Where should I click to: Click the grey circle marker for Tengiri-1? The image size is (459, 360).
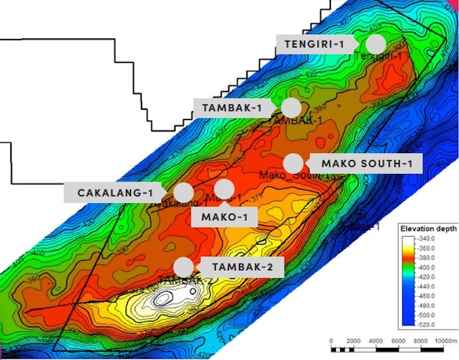coord(376,44)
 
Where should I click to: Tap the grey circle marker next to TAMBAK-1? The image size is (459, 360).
coord(291,107)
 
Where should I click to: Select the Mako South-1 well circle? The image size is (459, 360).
coord(294,164)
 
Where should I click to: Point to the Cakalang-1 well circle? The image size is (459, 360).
coord(183,192)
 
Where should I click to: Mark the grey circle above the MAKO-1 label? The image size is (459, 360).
coord(224,189)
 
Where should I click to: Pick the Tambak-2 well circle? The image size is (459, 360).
coord(183,267)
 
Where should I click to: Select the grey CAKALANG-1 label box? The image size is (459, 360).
coord(115,192)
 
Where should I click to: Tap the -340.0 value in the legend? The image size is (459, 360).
coord(427,239)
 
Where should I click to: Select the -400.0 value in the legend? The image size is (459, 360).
coord(427,267)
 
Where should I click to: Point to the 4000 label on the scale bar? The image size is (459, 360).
coord(375,340)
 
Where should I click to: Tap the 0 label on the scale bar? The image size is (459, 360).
coord(331,340)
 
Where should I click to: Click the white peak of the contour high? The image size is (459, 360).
coord(163,298)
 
